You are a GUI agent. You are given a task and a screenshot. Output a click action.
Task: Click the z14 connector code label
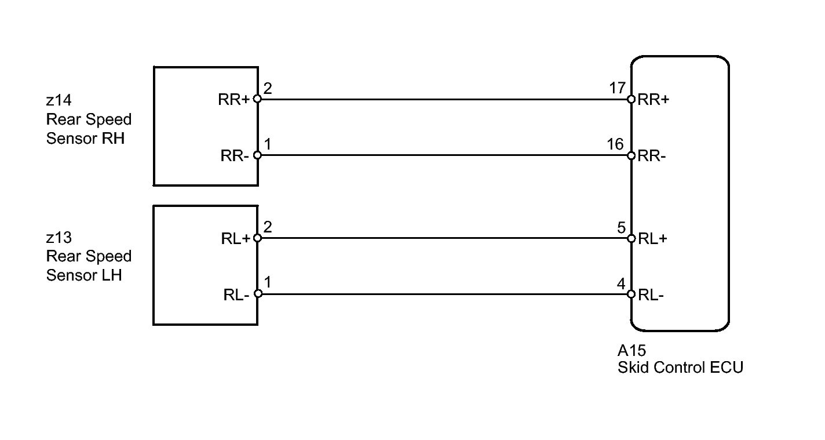click(x=59, y=100)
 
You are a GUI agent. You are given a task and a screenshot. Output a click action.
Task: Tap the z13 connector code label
click(x=59, y=238)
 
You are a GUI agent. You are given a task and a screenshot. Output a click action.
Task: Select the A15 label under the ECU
click(x=631, y=351)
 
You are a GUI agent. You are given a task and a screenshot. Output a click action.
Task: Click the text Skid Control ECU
click(x=680, y=367)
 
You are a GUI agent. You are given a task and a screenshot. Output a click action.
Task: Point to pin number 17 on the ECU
click(x=618, y=88)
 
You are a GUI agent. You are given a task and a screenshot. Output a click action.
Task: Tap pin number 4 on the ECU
click(x=621, y=284)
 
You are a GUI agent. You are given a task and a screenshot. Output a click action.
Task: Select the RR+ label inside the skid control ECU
click(x=654, y=100)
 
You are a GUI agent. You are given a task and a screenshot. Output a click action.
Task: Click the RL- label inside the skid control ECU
click(x=651, y=295)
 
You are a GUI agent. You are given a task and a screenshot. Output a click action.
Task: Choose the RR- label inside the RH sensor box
click(x=235, y=156)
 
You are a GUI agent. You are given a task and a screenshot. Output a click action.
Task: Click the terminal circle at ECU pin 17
click(x=631, y=99)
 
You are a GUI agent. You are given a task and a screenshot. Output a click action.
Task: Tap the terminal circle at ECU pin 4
click(x=631, y=294)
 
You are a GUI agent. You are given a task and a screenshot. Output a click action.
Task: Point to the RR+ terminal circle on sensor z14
click(x=257, y=99)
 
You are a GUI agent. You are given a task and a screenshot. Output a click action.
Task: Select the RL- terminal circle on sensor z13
click(x=258, y=294)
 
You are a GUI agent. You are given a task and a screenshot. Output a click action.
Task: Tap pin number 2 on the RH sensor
click(x=267, y=89)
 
